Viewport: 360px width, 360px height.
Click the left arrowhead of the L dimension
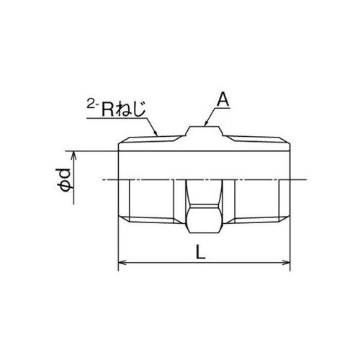(120, 263)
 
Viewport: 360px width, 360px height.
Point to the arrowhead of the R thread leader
(157, 135)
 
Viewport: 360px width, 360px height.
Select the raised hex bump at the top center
(204, 132)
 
